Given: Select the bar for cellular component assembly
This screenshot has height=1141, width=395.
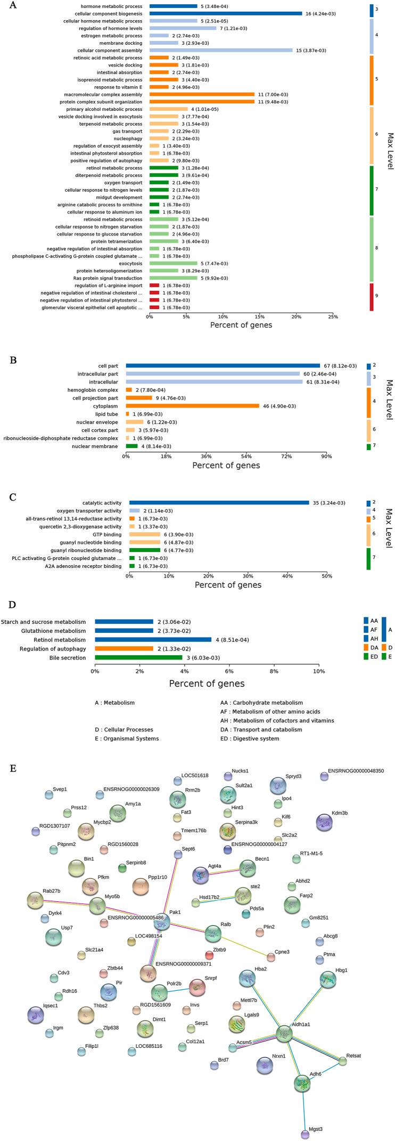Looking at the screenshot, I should point(221,50).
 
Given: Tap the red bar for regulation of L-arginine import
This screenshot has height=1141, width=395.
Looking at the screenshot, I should point(154,286).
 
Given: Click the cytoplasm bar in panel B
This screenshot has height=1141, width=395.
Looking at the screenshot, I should point(192,406).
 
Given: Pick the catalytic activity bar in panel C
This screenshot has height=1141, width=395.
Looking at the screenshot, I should point(219,503).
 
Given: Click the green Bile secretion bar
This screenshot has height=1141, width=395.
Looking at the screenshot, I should point(138,658).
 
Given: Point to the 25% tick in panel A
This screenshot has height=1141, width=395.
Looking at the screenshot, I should point(333,316).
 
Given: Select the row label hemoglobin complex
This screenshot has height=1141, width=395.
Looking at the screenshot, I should point(96,390).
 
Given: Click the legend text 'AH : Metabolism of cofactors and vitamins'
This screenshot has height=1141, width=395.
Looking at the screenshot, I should point(277,721).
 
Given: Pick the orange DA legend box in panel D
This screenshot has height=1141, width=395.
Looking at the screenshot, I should point(366,648).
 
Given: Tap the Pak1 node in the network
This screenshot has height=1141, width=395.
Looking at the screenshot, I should point(162,923).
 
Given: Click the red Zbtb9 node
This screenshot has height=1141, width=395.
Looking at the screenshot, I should point(210,956).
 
